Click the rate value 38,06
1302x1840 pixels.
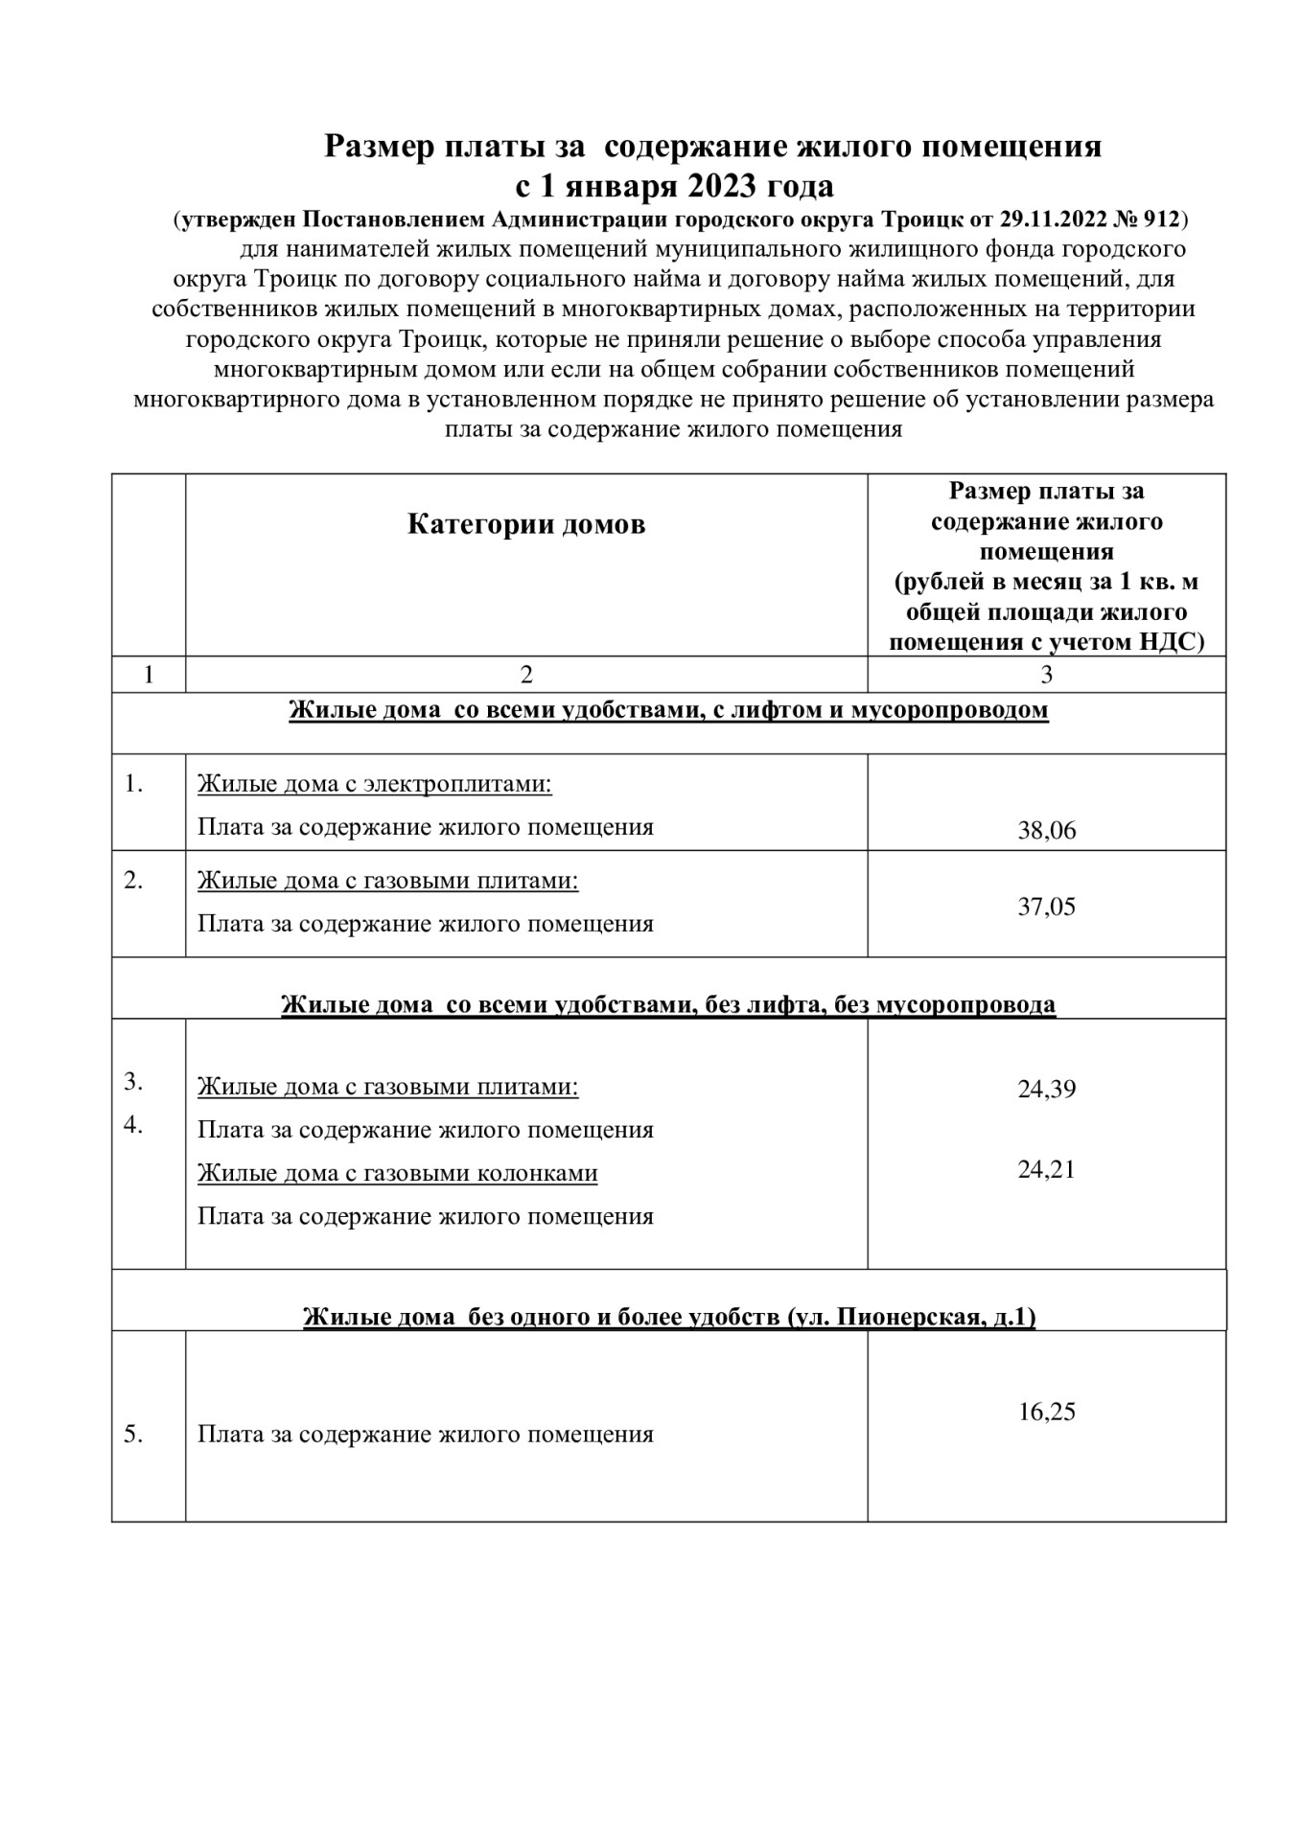coord(1046,830)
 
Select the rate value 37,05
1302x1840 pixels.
coord(1046,907)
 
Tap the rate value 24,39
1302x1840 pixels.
coord(1046,1089)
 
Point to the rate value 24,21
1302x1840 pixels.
coord(1046,1169)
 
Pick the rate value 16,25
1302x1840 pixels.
coord(1046,1412)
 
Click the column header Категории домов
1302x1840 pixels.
coord(526,524)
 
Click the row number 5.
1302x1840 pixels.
coord(133,1435)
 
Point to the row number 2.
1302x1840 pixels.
coord(133,880)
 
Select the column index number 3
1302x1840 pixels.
coord(1046,675)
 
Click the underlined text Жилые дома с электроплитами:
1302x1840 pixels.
coord(375,784)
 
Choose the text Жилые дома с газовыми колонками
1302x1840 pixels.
coord(397,1173)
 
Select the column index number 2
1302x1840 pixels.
coord(526,675)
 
